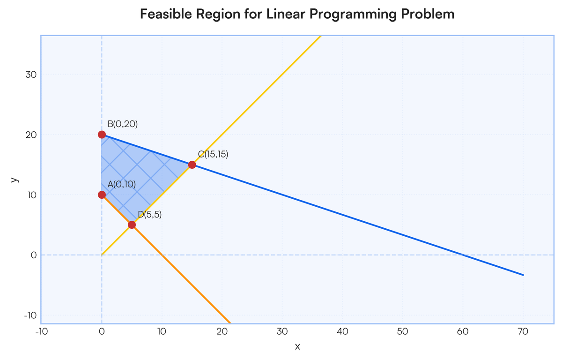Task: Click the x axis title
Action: tap(297, 347)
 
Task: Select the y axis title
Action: tap(15, 180)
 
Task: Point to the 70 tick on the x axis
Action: tap(523, 331)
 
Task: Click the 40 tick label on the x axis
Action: tap(342, 331)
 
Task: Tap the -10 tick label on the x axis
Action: tap(41, 331)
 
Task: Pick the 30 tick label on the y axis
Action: tap(31, 75)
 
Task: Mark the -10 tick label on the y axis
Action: tap(30, 315)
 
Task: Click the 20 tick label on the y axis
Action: tap(31, 135)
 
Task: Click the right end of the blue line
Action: tap(523, 275)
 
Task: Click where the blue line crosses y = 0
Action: tap(463, 255)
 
